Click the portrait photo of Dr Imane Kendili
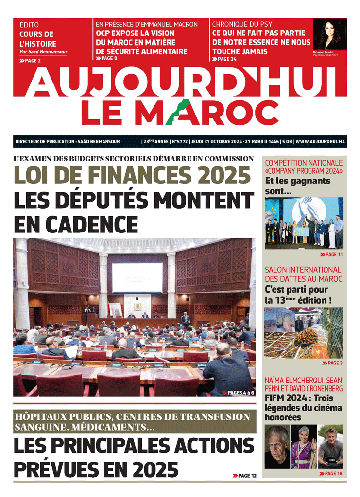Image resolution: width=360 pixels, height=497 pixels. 329,34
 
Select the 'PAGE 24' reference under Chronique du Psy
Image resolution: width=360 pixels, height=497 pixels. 224,59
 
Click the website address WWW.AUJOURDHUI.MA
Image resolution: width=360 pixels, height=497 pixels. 321,142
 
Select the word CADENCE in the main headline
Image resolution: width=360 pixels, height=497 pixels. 76,224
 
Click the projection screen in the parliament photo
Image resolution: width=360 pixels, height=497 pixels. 137,277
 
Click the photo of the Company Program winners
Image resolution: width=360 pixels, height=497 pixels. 304,223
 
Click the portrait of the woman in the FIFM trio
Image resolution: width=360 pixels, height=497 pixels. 304,447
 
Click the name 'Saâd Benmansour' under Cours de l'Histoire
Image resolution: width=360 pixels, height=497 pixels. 47,52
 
